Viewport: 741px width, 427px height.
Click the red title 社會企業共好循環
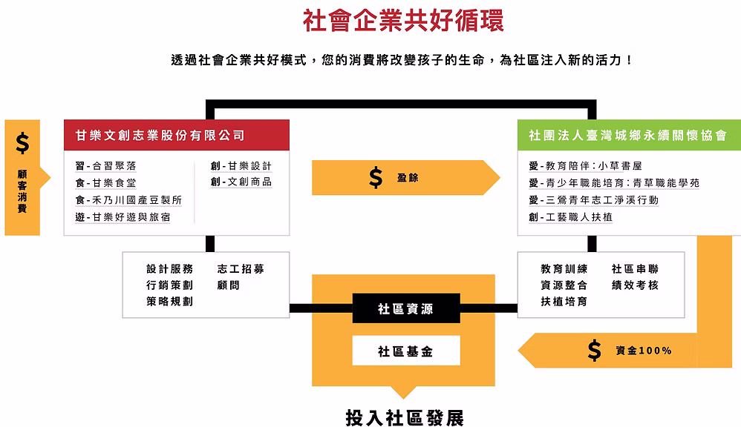(x=403, y=21)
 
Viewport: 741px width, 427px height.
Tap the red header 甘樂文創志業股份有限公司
(x=160, y=136)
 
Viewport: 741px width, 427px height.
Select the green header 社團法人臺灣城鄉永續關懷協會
(x=627, y=136)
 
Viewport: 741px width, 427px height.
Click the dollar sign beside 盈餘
(x=376, y=178)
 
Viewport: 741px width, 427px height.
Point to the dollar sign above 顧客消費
(x=22, y=143)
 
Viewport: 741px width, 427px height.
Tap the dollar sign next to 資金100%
(x=594, y=350)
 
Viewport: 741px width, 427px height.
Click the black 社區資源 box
(x=405, y=309)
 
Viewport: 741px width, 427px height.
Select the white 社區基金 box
(x=405, y=351)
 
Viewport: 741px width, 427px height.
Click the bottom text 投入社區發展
(x=405, y=417)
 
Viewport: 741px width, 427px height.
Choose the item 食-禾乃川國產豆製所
(x=128, y=200)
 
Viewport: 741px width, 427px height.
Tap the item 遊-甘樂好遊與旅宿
(x=122, y=217)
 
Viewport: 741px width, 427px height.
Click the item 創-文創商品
(x=241, y=182)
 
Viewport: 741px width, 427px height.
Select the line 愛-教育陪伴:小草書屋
(x=585, y=165)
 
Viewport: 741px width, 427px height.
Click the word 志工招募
(x=241, y=269)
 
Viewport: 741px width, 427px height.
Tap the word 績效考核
(x=635, y=285)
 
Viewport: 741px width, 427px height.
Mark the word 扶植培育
(x=564, y=302)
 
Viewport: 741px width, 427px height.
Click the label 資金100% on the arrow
(x=643, y=350)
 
